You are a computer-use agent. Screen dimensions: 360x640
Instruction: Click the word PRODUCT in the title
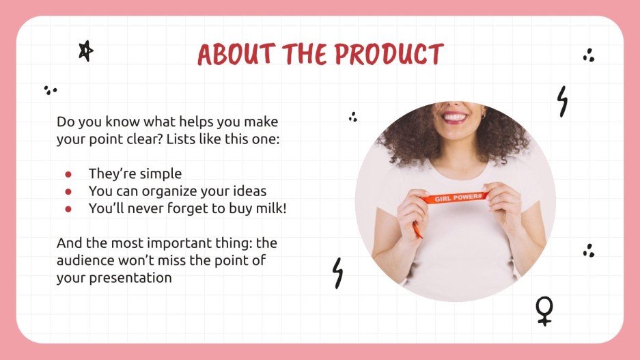coord(387,55)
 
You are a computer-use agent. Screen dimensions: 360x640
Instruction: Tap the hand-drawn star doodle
coord(85,51)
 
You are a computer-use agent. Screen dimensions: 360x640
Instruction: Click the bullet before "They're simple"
coord(68,174)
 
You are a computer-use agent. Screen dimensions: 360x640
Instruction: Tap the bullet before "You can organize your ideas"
coord(68,191)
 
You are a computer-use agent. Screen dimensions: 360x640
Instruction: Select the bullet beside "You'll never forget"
coord(68,209)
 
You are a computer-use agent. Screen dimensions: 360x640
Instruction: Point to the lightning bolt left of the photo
coord(337,273)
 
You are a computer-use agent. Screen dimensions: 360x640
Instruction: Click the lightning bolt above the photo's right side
coord(562,101)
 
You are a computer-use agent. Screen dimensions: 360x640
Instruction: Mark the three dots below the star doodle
coord(50,89)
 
